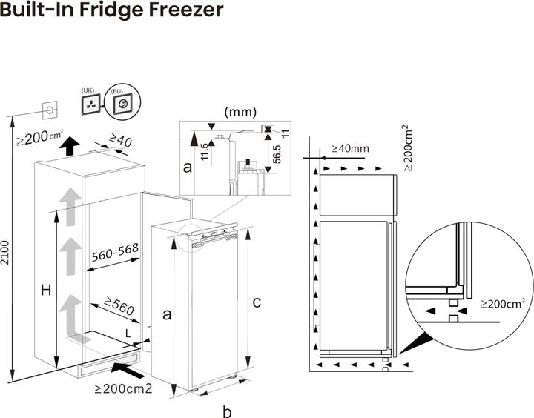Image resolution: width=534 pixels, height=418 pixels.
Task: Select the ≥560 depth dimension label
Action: (119, 305)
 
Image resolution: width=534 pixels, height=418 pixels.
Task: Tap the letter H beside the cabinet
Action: (44, 291)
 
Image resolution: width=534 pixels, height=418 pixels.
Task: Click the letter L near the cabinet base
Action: (128, 334)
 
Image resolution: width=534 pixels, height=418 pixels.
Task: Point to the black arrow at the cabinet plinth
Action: (124, 366)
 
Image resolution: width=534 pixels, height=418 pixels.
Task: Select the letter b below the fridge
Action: (228, 410)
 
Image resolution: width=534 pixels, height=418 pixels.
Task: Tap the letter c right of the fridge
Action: (257, 302)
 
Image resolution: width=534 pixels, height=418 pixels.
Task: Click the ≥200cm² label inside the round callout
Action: (503, 303)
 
